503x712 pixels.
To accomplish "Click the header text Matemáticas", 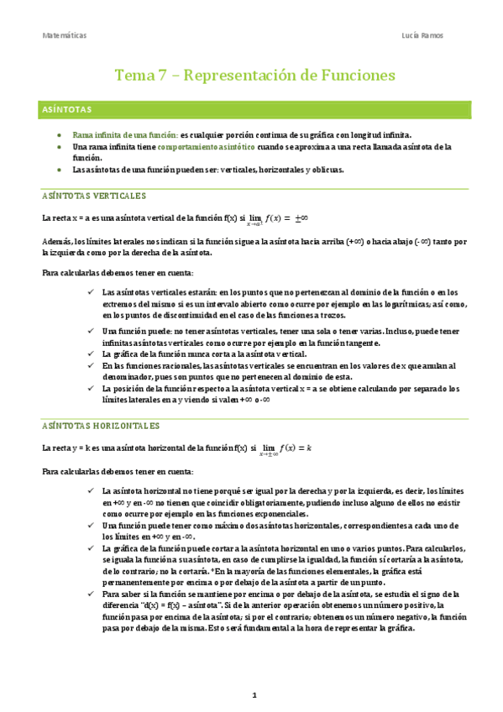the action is [x=64, y=36].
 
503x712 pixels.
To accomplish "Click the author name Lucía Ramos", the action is [x=424, y=36].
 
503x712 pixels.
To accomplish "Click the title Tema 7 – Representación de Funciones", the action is [x=254, y=75].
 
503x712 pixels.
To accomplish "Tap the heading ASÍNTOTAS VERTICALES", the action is [x=94, y=196].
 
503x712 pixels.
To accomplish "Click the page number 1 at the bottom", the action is [x=254, y=696].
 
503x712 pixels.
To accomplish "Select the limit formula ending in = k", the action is [x=285, y=448].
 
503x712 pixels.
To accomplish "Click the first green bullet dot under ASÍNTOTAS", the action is [x=58, y=134].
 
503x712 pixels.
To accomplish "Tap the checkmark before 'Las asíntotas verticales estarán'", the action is [x=90, y=291].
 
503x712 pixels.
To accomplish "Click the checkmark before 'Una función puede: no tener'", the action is [x=90, y=332].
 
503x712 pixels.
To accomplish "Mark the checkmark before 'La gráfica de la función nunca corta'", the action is [x=90, y=354].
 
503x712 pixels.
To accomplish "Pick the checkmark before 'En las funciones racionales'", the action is [x=90, y=366].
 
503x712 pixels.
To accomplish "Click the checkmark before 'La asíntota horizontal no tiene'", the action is [x=90, y=489].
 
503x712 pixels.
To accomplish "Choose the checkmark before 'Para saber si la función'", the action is [x=90, y=594].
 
